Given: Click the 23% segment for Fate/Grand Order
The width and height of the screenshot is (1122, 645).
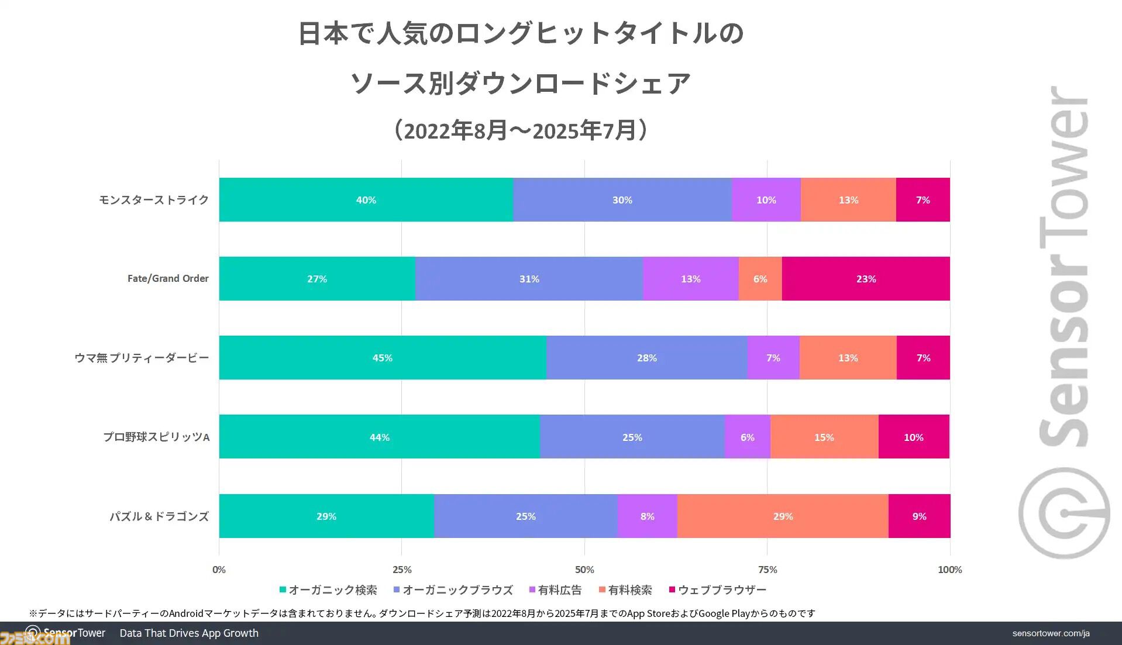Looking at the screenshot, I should point(866,279).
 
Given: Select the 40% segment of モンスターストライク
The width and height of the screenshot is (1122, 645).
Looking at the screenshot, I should point(366,200).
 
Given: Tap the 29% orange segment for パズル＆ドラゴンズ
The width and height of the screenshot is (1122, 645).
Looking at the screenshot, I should point(783,516).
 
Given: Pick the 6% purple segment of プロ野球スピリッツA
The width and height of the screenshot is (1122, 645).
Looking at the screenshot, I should point(747,437).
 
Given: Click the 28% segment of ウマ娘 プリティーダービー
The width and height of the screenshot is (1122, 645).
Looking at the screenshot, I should point(646,358).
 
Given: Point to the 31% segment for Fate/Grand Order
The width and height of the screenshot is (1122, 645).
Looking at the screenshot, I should point(529,279).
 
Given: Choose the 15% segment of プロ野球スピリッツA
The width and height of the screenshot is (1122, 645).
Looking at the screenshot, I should point(824,437).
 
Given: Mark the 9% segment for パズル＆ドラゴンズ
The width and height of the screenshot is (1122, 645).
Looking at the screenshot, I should point(919,516).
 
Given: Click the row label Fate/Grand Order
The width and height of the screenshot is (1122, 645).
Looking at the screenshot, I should point(168,279).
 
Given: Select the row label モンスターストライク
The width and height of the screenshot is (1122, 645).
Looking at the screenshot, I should point(154,200).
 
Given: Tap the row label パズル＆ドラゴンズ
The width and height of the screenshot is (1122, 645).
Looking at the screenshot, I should point(159,516).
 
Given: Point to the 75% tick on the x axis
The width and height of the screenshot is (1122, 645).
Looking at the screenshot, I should point(767,570).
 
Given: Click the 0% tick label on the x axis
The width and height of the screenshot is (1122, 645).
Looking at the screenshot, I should point(219,570).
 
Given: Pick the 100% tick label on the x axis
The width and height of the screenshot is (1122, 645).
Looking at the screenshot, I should point(949,570).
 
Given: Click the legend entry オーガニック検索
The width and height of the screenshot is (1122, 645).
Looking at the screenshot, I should point(328,590).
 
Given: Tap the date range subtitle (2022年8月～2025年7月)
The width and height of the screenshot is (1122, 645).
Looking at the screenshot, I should point(521,130).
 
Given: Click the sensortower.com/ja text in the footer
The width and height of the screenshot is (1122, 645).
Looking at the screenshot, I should point(1051,633).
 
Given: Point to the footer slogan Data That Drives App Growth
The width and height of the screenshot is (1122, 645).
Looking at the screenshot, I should point(189,633).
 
